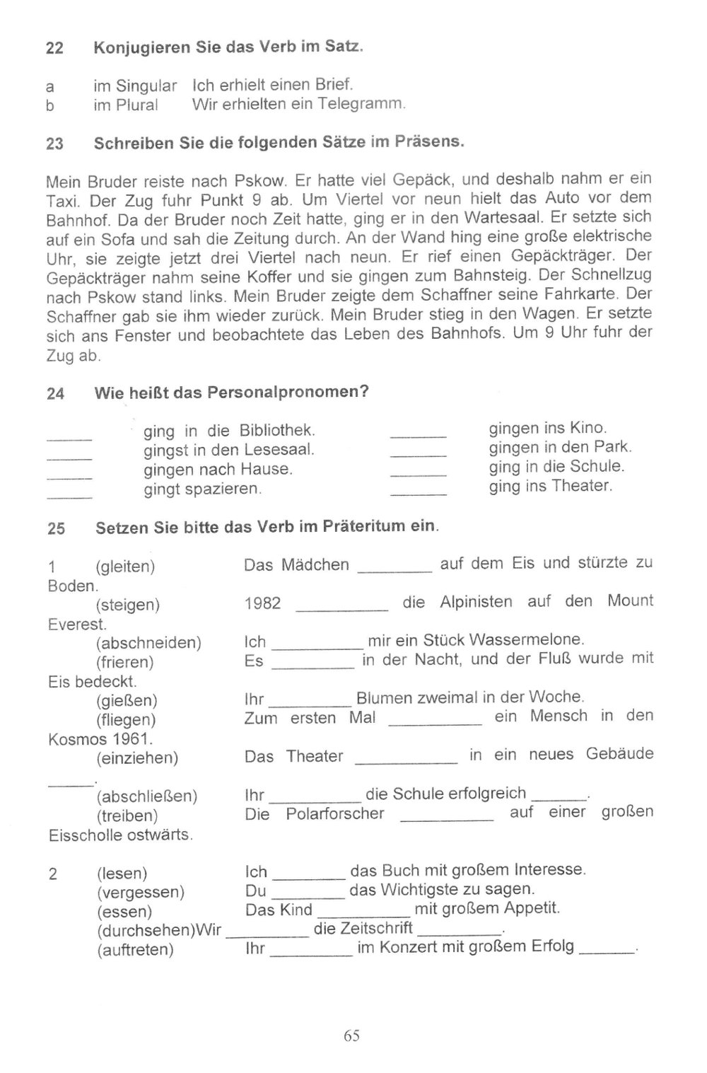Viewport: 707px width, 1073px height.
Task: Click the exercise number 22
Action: pyautogui.click(x=54, y=49)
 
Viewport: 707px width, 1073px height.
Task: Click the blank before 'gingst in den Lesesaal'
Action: pyautogui.click(x=69, y=457)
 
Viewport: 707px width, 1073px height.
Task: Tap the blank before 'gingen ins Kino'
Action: pyautogui.click(x=418, y=435)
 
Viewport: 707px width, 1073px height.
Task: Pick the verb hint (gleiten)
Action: pyautogui.click(x=125, y=567)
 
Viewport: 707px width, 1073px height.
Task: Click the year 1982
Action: pyautogui.click(x=262, y=603)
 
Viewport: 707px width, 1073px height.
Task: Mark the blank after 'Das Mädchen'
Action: pyautogui.click(x=395, y=569)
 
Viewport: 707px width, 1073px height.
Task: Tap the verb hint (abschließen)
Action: pyautogui.click(x=146, y=796)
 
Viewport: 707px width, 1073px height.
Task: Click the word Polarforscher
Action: pyautogui.click(x=335, y=813)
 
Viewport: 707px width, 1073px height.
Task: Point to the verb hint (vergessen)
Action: pyautogui.click(x=141, y=892)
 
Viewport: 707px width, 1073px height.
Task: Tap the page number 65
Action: pyautogui.click(x=352, y=1036)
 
